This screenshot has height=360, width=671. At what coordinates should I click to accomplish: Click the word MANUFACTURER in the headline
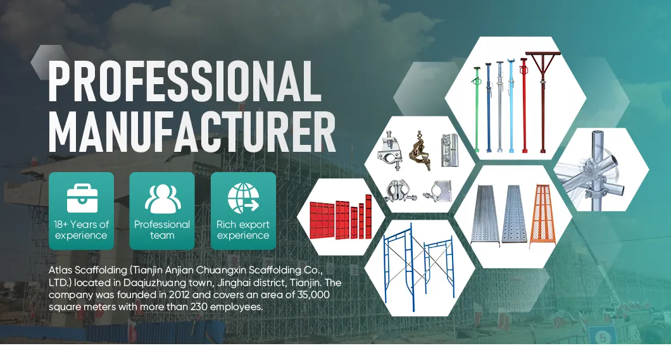point(192,133)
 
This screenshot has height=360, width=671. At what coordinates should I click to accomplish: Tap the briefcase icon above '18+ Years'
point(80,198)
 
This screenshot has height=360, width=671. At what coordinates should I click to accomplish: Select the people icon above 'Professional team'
point(162,198)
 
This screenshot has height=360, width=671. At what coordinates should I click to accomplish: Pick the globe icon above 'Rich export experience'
point(243,198)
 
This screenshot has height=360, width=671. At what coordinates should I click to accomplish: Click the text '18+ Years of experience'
point(81,230)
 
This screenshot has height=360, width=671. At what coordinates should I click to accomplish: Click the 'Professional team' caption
point(162,230)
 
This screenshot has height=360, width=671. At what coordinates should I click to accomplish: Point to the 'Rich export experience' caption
point(243,230)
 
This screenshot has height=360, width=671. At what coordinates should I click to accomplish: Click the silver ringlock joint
point(601,168)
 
